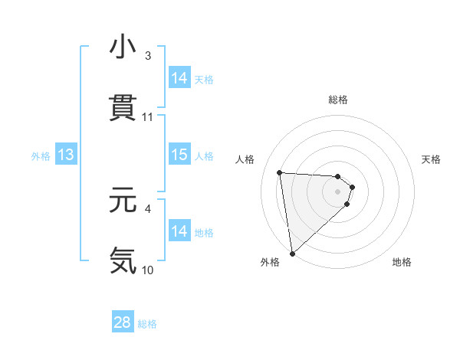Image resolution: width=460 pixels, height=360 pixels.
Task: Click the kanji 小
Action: point(123,47)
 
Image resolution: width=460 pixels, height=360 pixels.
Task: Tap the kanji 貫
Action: point(123,108)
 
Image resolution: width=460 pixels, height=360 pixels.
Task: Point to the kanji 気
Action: point(123,260)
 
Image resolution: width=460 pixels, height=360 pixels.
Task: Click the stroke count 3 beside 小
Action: point(148,56)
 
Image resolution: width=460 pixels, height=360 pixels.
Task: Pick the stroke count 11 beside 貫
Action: point(148,117)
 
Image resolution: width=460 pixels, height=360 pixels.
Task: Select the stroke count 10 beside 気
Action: point(148,270)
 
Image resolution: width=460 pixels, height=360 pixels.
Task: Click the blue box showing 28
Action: point(123,322)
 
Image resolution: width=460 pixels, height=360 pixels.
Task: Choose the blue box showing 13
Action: point(66,155)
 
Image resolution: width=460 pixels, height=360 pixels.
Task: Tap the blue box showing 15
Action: point(179,155)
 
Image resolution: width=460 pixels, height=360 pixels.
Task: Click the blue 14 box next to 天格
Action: point(179,78)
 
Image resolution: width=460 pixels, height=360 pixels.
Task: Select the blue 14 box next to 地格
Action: point(179,231)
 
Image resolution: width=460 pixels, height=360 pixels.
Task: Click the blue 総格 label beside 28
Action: point(148,324)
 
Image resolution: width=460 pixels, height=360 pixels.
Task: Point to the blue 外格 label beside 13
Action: point(41,156)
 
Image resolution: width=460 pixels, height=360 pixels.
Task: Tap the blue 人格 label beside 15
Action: point(204,156)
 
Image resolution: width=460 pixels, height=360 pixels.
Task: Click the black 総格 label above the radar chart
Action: point(338,100)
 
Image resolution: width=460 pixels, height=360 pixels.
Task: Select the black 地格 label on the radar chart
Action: point(402,263)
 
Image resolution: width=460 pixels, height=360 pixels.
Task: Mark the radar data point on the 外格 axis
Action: point(292,252)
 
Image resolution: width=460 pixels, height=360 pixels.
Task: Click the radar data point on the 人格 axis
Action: point(280,172)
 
